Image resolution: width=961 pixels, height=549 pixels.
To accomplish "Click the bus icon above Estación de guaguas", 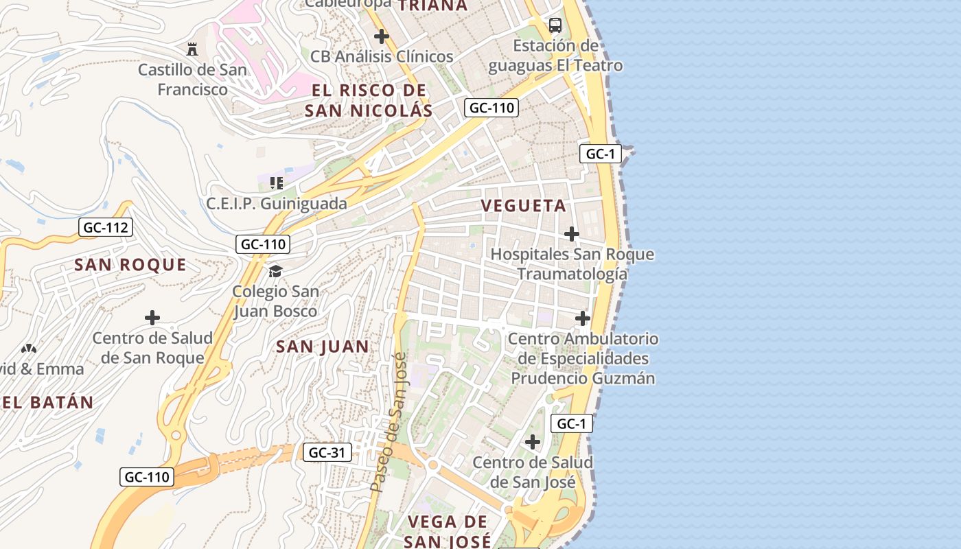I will [x=555, y=25].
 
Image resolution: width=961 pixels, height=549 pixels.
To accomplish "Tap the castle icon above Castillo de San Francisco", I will [x=192, y=49].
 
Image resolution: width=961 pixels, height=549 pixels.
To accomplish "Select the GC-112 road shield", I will [x=105, y=227].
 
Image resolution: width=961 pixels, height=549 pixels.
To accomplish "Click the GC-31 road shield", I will [x=327, y=452].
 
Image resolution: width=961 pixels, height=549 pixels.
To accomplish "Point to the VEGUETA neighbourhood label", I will [x=524, y=206].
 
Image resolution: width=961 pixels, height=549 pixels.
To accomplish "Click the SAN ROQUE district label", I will [x=130, y=265].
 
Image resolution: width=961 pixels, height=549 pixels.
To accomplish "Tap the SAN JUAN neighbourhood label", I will [x=323, y=347].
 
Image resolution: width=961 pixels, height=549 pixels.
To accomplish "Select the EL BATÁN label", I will [x=47, y=403].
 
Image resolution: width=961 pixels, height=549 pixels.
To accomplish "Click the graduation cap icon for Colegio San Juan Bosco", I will [x=275, y=272].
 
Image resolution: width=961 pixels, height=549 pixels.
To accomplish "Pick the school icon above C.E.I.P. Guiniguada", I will [x=277, y=183].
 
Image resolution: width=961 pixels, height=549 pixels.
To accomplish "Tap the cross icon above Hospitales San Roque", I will [x=571, y=235].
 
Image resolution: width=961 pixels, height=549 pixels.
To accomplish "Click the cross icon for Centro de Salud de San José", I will [x=532, y=442].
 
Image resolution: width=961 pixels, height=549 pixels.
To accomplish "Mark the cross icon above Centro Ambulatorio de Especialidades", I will [x=582, y=318].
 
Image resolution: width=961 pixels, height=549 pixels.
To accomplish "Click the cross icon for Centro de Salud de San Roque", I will [x=152, y=318].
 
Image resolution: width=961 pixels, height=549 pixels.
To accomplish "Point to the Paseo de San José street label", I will [x=389, y=422].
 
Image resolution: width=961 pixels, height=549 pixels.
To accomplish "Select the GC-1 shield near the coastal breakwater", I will [x=601, y=154].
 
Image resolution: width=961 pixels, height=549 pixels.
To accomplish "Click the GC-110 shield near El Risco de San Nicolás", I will [x=491, y=108].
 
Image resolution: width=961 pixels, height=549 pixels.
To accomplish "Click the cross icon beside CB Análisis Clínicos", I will [x=382, y=36].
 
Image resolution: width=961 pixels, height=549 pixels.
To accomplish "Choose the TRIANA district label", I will [x=432, y=5].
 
